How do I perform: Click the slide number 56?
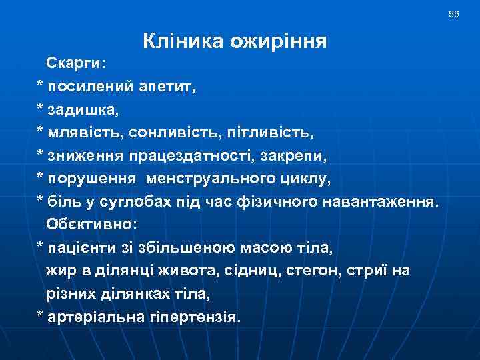[x=454, y=14]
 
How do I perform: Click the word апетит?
[x=165, y=85]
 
